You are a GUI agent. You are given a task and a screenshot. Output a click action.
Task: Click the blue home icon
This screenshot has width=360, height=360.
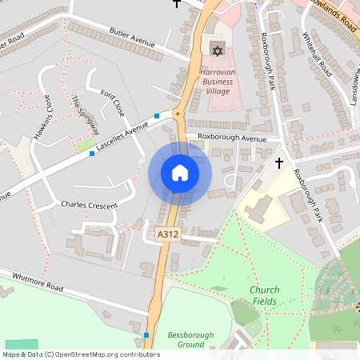pyautogui.click(x=180, y=173)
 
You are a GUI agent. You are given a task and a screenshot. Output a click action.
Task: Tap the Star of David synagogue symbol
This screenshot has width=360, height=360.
pyautogui.click(x=215, y=50)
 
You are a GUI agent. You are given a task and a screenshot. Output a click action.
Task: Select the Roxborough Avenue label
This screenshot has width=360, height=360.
pyautogui.click(x=232, y=138)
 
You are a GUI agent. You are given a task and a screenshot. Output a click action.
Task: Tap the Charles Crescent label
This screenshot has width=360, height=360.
pyautogui.click(x=89, y=205)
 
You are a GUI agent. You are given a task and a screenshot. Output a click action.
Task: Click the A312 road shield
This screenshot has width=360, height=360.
pyautogui.click(x=167, y=234)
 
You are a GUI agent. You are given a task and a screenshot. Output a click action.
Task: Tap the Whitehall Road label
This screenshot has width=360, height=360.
pyautogui.click(x=318, y=54)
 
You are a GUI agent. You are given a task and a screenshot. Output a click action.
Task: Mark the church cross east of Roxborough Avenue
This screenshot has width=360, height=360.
pyautogui.click(x=279, y=163)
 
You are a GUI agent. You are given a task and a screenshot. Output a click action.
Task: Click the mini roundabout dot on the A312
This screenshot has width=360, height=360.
pyautogui.click(x=178, y=114)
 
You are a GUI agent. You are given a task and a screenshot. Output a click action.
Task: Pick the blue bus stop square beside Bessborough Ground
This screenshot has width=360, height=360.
pyautogui.click(x=146, y=334)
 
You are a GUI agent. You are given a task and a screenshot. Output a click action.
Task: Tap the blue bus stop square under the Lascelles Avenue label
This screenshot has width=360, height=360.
pyautogui.click(x=93, y=153)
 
